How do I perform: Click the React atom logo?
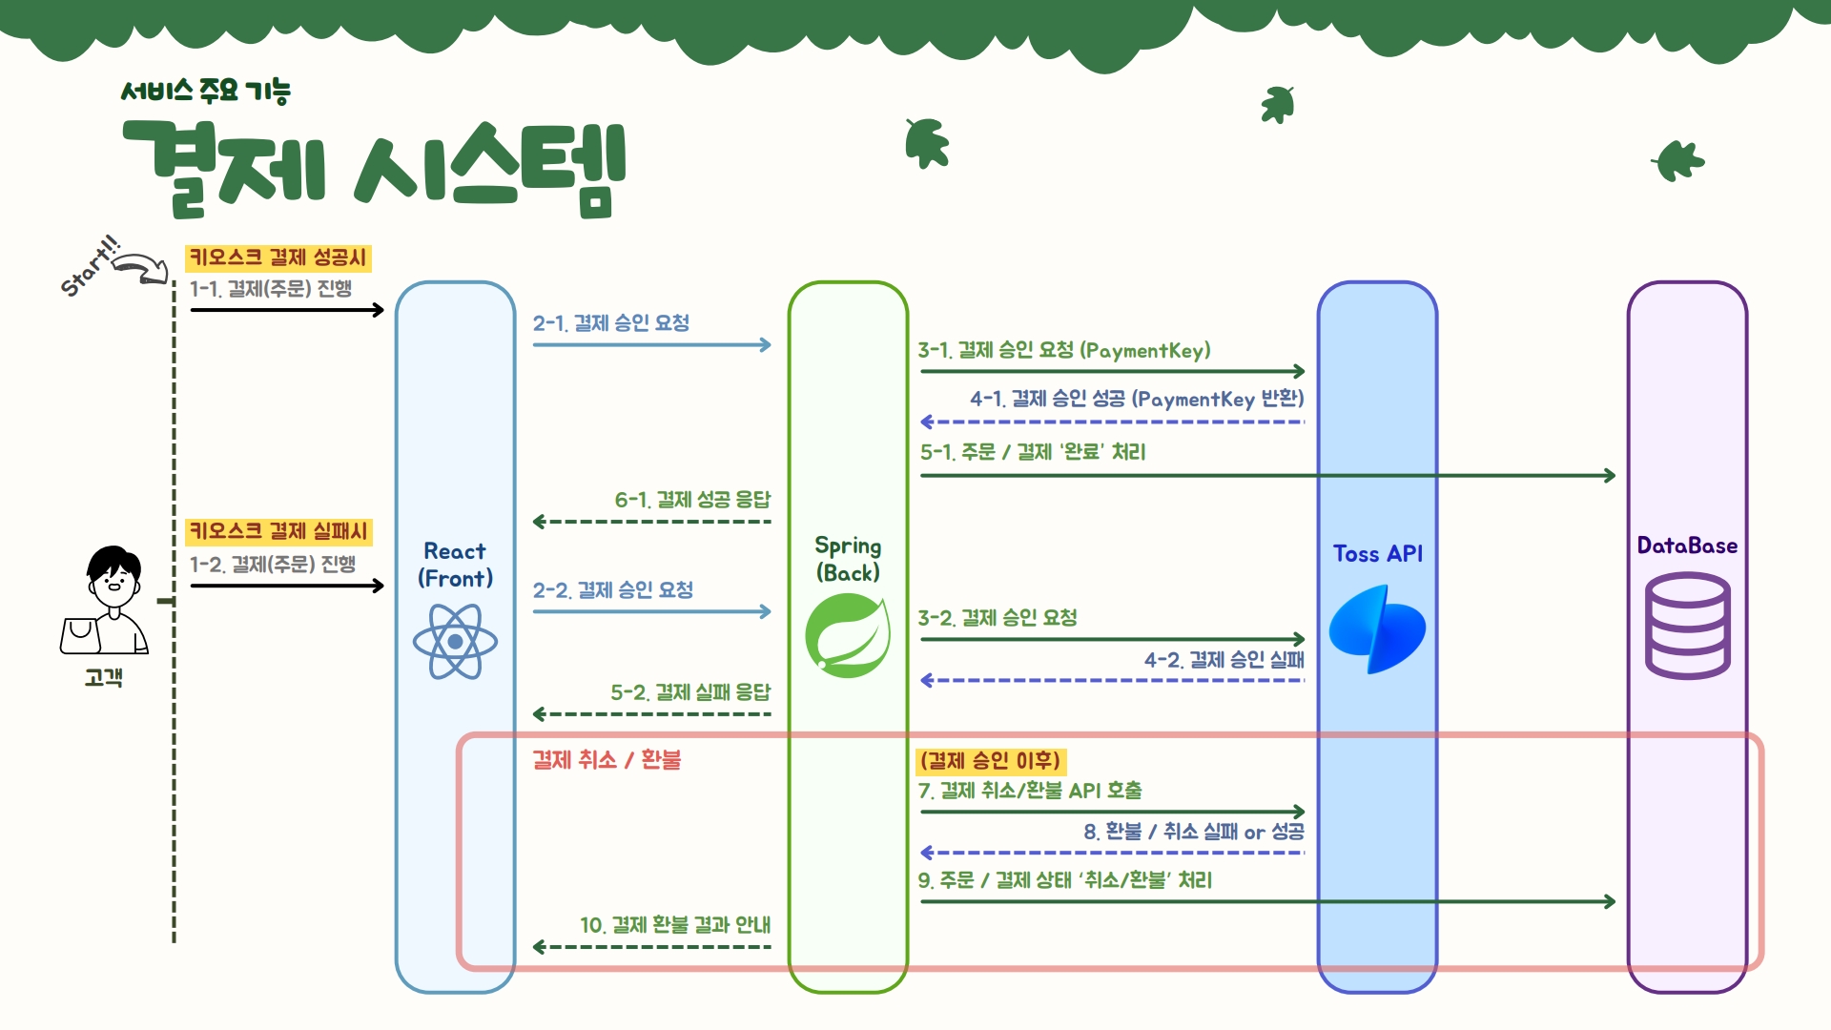click(x=455, y=642)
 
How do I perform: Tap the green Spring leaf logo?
click(x=848, y=635)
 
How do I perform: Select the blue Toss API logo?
click(x=1377, y=630)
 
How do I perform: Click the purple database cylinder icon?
click(x=1687, y=626)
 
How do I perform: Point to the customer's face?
click(x=114, y=578)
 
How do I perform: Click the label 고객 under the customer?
click(x=103, y=678)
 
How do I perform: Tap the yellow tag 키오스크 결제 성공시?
click(x=278, y=257)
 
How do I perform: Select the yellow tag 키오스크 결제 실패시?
click(x=278, y=531)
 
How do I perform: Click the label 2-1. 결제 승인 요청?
click(x=611, y=323)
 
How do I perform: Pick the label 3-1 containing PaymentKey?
click(x=1064, y=351)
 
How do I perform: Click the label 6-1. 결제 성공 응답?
click(x=692, y=500)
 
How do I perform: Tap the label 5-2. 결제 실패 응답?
click(x=690, y=692)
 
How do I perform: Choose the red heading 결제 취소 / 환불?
click(x=607, y=760)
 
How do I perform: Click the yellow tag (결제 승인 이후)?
click(x=990, y=761)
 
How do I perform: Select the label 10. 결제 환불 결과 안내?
click(x=675, y=925)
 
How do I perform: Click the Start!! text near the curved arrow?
click(x=90, y=266)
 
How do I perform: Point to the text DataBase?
click(x=1687, y=546)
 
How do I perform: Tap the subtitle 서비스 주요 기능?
click(x=205, y=92)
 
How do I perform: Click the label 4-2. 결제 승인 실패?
click(x=1224, y=660)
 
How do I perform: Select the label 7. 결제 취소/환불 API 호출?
click(x=1030, y=791)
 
